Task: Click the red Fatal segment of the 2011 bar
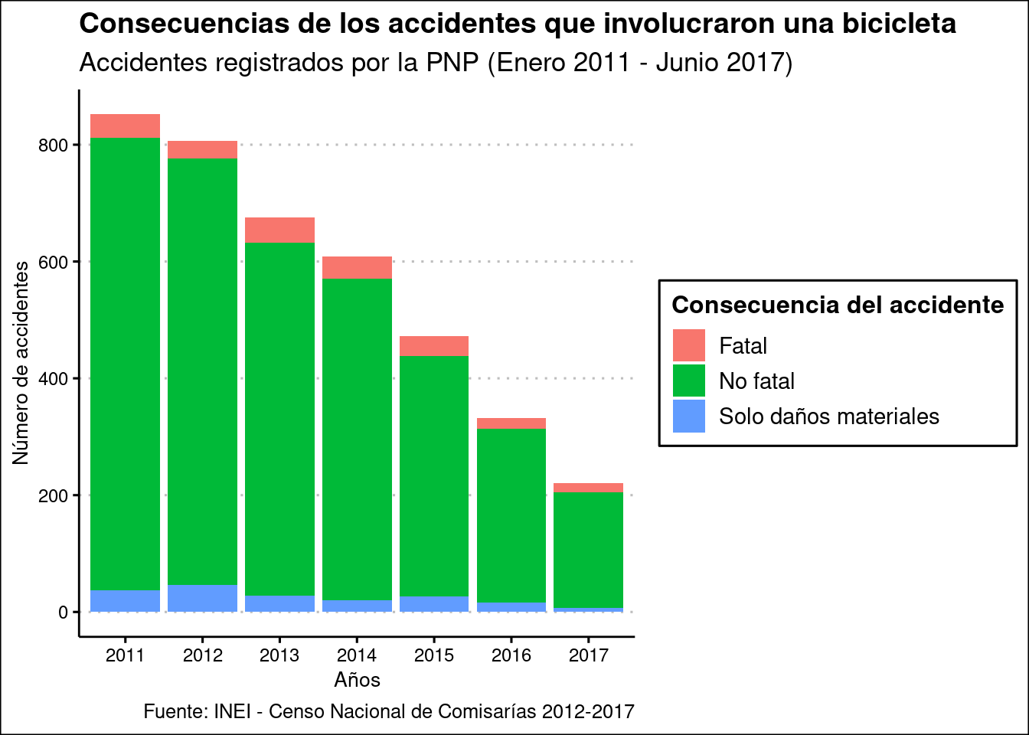125,126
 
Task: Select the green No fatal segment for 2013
279,419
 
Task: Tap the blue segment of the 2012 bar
202,598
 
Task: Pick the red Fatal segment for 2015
434,346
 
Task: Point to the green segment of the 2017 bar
588,550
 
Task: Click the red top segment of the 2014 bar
357,267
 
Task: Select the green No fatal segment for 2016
511,515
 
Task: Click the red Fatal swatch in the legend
688,345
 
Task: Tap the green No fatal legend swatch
688,381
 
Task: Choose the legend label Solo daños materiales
828,416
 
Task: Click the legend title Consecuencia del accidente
838,305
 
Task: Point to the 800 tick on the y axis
53,145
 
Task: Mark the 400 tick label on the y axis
53,379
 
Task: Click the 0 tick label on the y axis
64,612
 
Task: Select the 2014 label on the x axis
357,655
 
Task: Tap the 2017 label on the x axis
588,655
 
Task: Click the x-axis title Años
357,680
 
